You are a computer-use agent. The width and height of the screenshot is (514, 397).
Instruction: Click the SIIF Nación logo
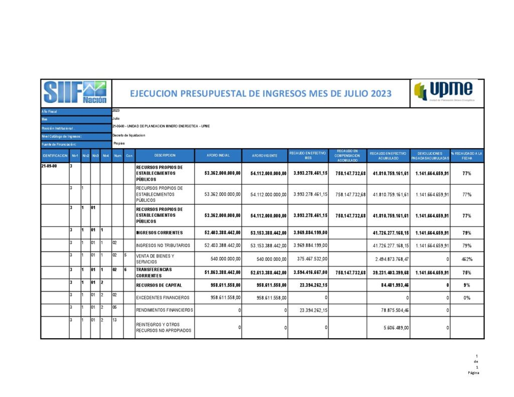pyautogui.click(x=75, y=93)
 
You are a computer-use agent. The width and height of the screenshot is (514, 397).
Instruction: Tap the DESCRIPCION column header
pyautogui.click(x=164, y=156)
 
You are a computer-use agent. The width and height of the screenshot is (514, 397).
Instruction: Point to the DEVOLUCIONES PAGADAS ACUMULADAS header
pyautogui.click(x=429, y=156)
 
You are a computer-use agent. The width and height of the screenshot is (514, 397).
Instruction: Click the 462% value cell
pyautogui.click(x=467, y=259)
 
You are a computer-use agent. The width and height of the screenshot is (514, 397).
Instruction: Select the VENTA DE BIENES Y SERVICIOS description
pyautogui.click(x=156, y=259)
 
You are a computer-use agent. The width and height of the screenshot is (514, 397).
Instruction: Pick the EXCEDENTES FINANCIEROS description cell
pyautogui.click(x=163, y=298)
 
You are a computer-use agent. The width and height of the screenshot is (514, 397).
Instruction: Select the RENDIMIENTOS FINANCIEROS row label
pyautogui.click(x=165, y=310)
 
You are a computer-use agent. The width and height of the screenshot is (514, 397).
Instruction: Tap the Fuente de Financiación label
pyautogui.click(x=59, y=145)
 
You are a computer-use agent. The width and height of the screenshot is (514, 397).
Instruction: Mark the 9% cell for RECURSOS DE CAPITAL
pyautogui.click(x=467, y=285)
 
